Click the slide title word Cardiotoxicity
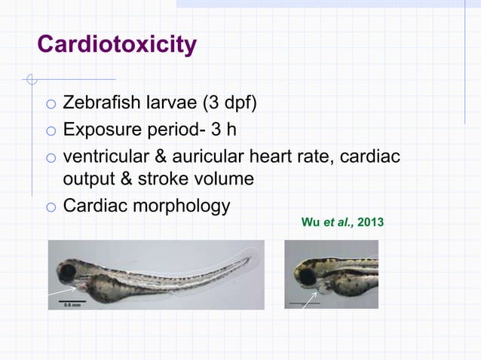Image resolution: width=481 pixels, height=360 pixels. click(x=117, y=45)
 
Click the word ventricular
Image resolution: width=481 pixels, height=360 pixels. click(x=109, y=159)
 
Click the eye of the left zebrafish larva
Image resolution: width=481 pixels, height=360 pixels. click(x=67, y=271)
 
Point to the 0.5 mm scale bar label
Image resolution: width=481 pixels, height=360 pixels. click(x=73, y=304)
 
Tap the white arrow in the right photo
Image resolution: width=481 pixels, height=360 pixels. click(x=309, y=300)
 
